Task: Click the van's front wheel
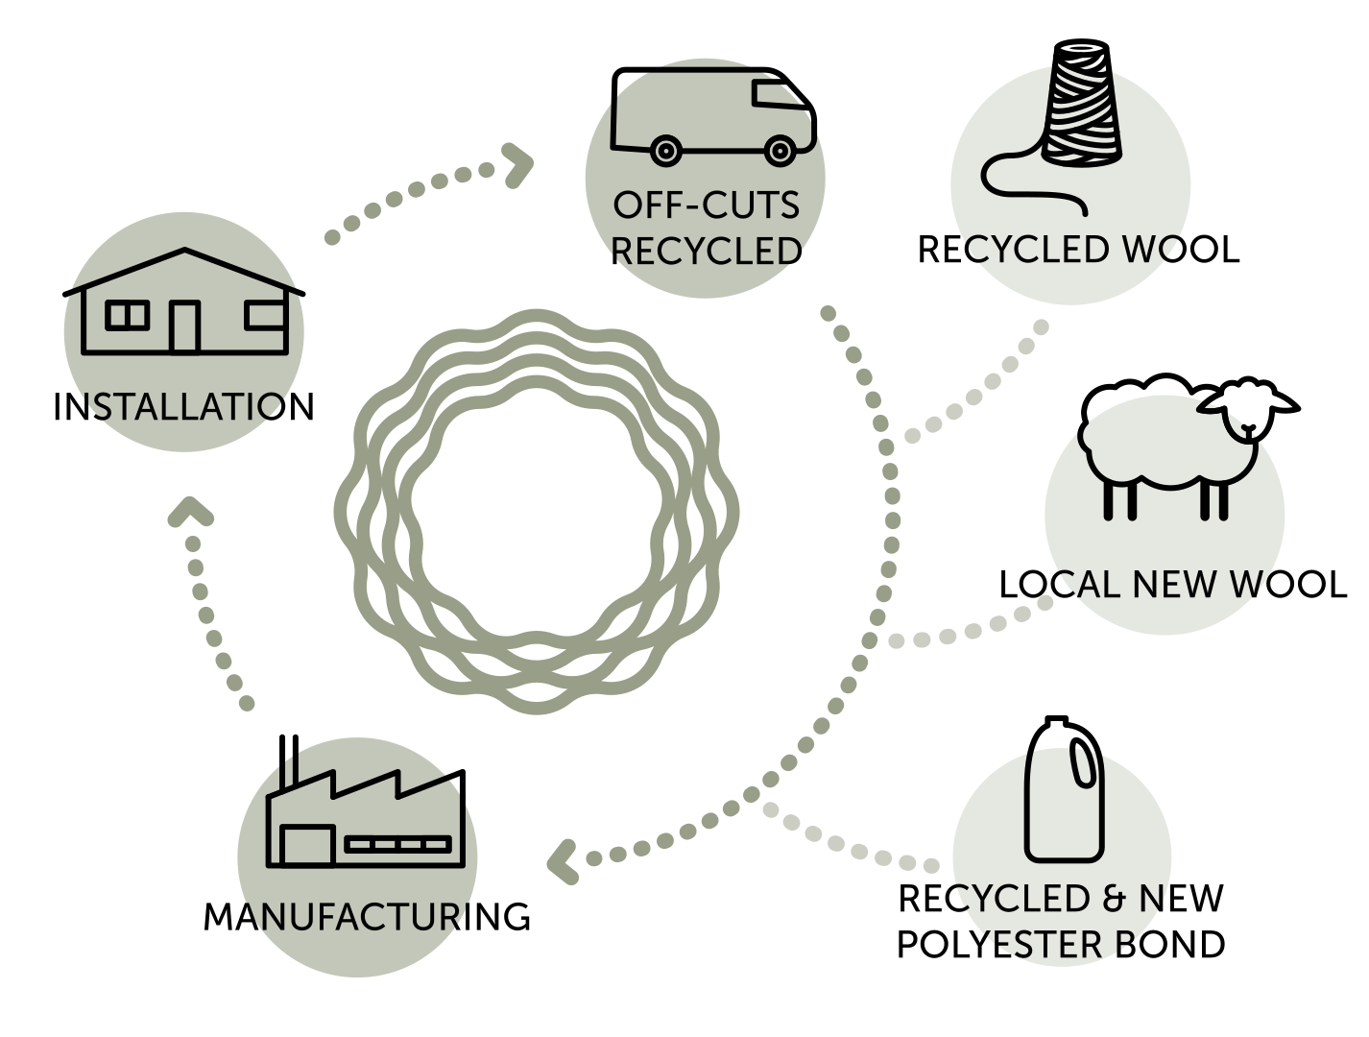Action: pyautogui.click(x=779, y=150)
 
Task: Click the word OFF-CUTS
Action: pyautogui.click(x=706, y=205)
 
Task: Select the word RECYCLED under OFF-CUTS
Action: pyautogui.click(x=706, y=250)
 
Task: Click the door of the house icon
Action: pyautogui.click(x=184, y=326)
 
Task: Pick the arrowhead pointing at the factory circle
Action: pyautogui.click(x=561, y=860)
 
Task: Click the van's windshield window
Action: pyautogui.click(x=781, y=95)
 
